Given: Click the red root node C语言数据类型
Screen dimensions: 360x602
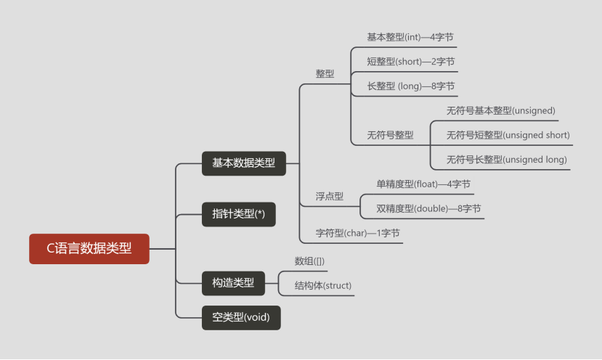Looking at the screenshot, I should click(x=89, y=248).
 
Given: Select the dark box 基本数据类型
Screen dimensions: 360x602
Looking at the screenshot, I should click(x=243, y=163).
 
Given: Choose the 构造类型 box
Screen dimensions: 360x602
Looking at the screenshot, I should click(x=232, y=282).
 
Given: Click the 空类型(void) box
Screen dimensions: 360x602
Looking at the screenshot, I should click(x=240, y=317).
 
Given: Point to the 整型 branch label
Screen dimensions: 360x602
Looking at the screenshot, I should click(x=325, y=74).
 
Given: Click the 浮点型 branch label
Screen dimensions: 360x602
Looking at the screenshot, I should click(x=329, y=196).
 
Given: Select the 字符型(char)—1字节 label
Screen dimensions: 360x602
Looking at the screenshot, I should click(x=357, y=233).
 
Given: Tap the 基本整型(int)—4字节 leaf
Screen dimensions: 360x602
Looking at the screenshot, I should click(x=410, y=37).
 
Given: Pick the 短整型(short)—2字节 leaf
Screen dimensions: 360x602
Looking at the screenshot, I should click(x=410, y=62).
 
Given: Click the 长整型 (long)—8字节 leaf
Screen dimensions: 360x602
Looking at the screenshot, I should click(x=410, y=86).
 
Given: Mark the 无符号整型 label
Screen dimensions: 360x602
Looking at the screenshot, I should click(x=390, y=135).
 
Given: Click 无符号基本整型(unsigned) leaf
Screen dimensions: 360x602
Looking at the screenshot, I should click(x=500, y=110).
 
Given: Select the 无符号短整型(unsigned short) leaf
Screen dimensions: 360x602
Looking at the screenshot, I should click(x=508, y=135).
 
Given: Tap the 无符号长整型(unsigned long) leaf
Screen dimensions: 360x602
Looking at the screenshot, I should click(x=506, y=160).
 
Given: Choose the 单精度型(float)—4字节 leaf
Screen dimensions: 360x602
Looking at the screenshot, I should click(x=423, y=184).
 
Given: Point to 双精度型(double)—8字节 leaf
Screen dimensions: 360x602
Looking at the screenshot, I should click(x=428, y=209).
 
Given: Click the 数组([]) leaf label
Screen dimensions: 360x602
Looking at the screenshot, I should click(x=310, y=261).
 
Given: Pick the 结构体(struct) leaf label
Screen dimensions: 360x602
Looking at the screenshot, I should click(x=322, y=285).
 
